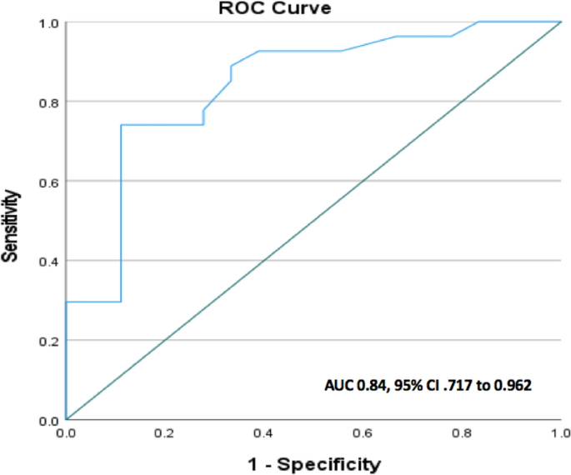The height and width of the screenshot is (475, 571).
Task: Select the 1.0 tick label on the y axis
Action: click(49, 22)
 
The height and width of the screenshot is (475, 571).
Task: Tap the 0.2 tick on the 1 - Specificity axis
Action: click(164, 434)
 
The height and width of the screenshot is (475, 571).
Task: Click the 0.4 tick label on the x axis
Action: click(263, 434)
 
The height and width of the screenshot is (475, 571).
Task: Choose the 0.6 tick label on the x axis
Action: click(363, 434)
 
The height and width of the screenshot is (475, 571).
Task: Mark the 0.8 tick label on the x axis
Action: click(462, 434)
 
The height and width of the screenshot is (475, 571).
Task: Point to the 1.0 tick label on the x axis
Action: click(560, 434)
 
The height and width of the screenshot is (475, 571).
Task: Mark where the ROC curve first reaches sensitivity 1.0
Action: click(478, 22)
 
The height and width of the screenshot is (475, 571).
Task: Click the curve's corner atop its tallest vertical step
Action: click(121, 125)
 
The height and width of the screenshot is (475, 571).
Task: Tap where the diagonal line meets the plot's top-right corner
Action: click(561, 22)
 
